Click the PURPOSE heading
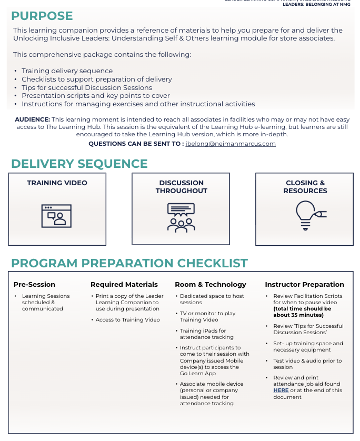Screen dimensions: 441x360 coord(42,16)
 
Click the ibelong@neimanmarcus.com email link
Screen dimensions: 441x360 coord(231,144)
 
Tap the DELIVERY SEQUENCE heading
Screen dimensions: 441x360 coord(79,164)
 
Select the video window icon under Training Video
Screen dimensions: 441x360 coord(56,216)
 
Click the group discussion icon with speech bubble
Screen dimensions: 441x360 coord(181,217)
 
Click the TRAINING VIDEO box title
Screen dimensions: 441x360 coord(57,183)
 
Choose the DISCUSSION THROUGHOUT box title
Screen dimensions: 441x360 coord(181,187)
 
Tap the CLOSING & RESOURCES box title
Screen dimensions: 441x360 coord(305,187)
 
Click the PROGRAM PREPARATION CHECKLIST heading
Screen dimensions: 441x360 coord(129,263)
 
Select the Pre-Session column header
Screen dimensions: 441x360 coord(34,285)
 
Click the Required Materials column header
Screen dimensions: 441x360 coord(124,285)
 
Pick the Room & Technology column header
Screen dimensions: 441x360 coord(211,285)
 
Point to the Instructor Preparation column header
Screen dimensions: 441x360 coord(304,285)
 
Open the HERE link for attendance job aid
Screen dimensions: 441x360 coord(281,390)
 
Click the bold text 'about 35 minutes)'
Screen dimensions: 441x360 coord(298,315)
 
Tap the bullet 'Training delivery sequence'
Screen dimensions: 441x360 coord(67,71)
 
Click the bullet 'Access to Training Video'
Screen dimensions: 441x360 coord(127,320)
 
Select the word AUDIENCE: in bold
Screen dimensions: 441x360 coord(32,120)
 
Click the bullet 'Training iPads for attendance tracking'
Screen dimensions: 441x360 coord(203,334)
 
